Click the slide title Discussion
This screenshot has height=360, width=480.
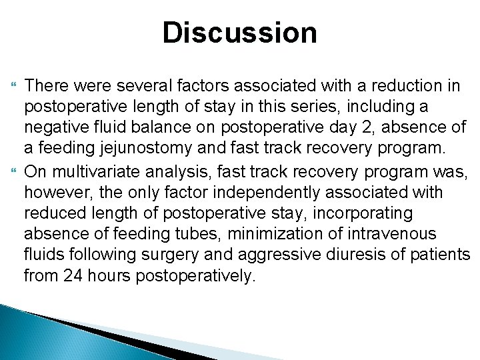coord(240,33)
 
